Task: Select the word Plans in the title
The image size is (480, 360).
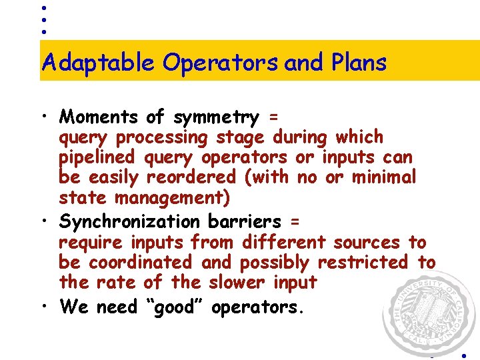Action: point(358,63)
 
